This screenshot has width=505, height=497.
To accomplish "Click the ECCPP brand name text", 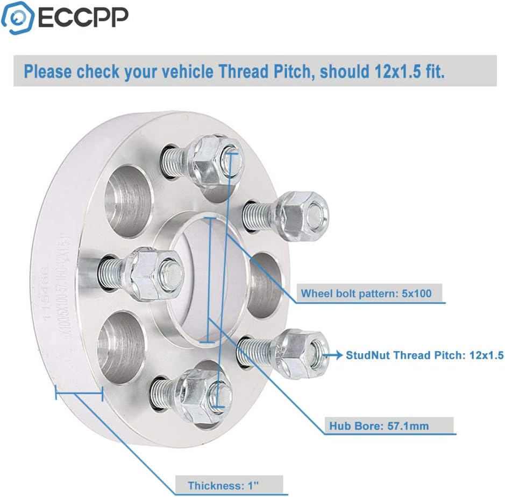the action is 83,17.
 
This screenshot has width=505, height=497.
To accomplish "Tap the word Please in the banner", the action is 47,72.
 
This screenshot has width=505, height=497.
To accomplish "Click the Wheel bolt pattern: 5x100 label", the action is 366,294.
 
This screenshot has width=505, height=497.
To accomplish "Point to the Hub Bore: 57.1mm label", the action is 379,426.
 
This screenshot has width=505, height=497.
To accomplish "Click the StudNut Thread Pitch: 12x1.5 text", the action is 424,355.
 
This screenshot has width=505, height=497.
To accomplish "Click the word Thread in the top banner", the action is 274,72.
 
